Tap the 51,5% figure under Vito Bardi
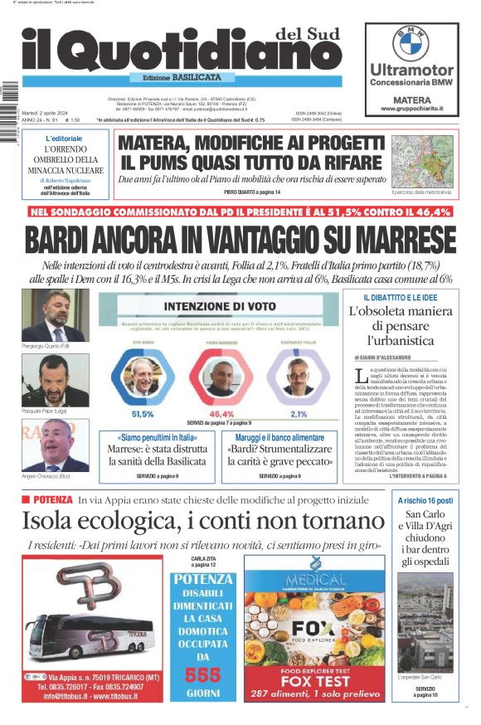click(x=143, y=413)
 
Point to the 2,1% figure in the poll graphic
click(x=299, y=413)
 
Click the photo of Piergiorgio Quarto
click(x=55, y=314)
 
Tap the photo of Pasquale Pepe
click(x=55, y=379)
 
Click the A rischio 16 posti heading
click(x=425, y=501)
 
